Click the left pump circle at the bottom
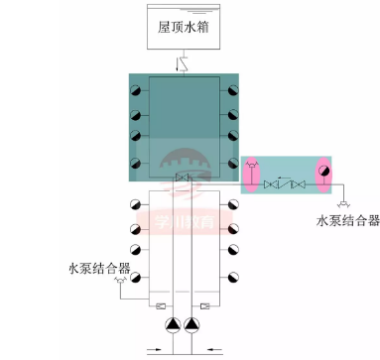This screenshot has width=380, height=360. tap(167, 323)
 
